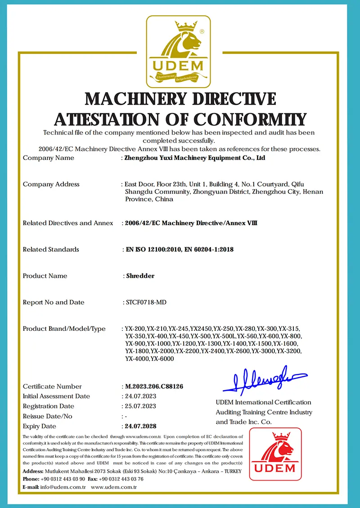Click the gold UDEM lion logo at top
pos(179,52)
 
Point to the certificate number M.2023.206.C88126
pos(154,387)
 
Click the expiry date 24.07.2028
pos(141,426)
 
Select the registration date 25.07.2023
pos(140,406)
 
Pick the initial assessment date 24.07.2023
pos(140,397)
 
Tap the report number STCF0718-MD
pos(145,303)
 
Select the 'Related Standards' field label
pos(51,250)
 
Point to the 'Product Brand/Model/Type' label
pos(64,329)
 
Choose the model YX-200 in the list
pos(135,329)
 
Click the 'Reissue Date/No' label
pos(47,416)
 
